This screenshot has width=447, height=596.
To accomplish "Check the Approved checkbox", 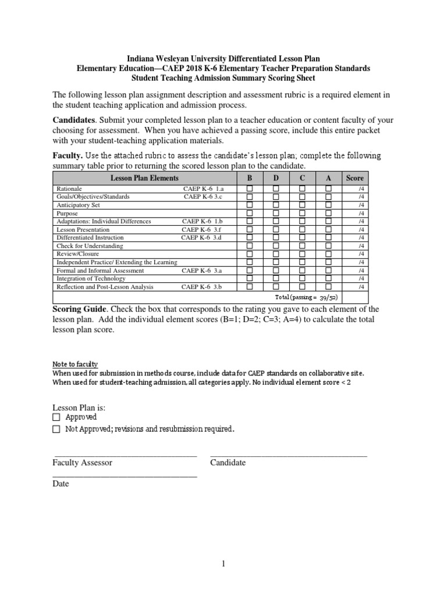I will tap(56, 417).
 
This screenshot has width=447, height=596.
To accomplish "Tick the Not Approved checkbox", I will tap(56, 430).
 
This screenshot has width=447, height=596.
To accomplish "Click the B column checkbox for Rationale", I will tap(250, 189).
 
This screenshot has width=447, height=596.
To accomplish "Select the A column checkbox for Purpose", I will tap(328, 214).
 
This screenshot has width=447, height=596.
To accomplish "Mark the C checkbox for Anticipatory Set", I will tap(302, 205).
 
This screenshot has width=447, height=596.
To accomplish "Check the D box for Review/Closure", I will tap(276, 254).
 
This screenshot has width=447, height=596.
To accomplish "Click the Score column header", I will tap(354, 178).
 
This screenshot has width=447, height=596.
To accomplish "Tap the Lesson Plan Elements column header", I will tap(145, 178).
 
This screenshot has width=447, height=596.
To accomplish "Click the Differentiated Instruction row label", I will tap(90, 238).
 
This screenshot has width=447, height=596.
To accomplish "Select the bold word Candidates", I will tap(74, 119).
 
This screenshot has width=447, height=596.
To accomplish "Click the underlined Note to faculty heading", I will tap(75, 364).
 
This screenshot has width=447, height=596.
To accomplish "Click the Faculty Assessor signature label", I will tap(83, 463).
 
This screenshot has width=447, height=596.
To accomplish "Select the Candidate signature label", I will tap(228, 463).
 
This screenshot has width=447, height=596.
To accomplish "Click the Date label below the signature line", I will tap(61, 484).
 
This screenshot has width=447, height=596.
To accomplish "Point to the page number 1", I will tap(223, 564).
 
